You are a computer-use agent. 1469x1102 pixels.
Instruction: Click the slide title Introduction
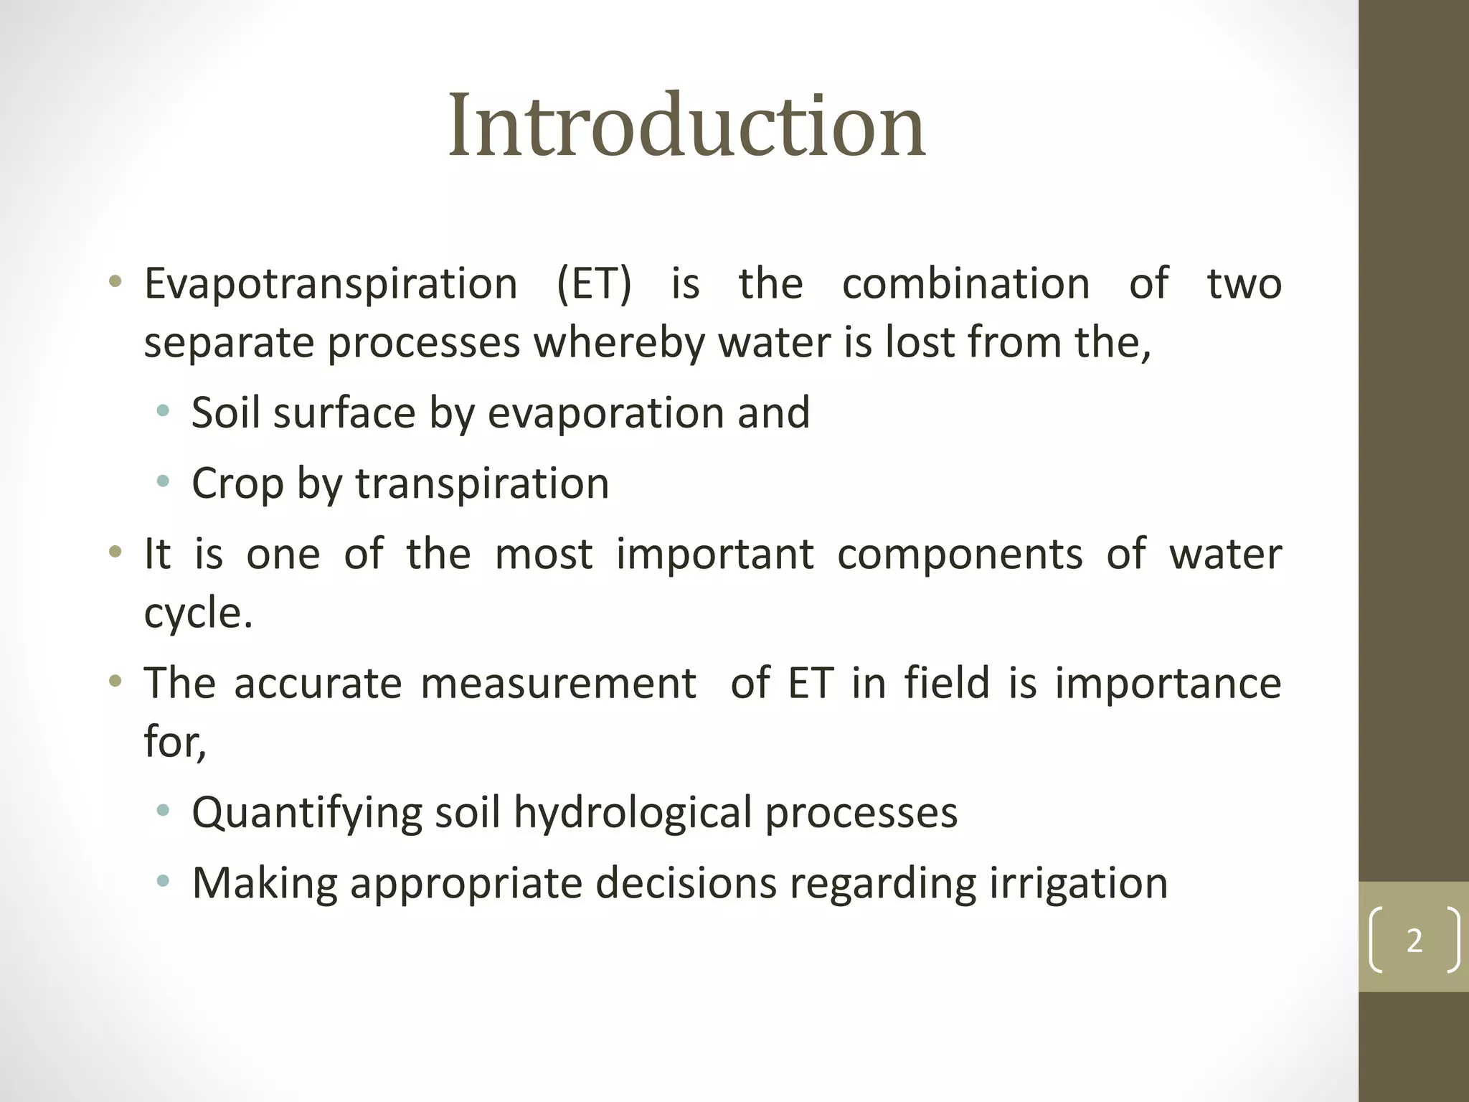(x=686, y=126)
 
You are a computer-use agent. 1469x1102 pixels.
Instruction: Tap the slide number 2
(x=1414, y=941)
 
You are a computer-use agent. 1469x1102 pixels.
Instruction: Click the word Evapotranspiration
(x=331, y=284)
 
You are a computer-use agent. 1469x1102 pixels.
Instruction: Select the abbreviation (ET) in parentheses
(x=594, y=284)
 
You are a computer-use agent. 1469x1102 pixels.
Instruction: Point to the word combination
(x=965, y=284)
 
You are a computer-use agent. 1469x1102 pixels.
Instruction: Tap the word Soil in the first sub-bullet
(x=225, y=413)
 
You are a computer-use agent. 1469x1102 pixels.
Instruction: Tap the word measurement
(x=558, y=683)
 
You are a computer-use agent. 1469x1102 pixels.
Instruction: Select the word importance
(x=1168, y=683)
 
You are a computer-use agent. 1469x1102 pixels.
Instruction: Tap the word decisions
(x=686, y=884)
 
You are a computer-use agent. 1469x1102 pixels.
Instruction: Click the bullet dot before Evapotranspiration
(x=115, y=281)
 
